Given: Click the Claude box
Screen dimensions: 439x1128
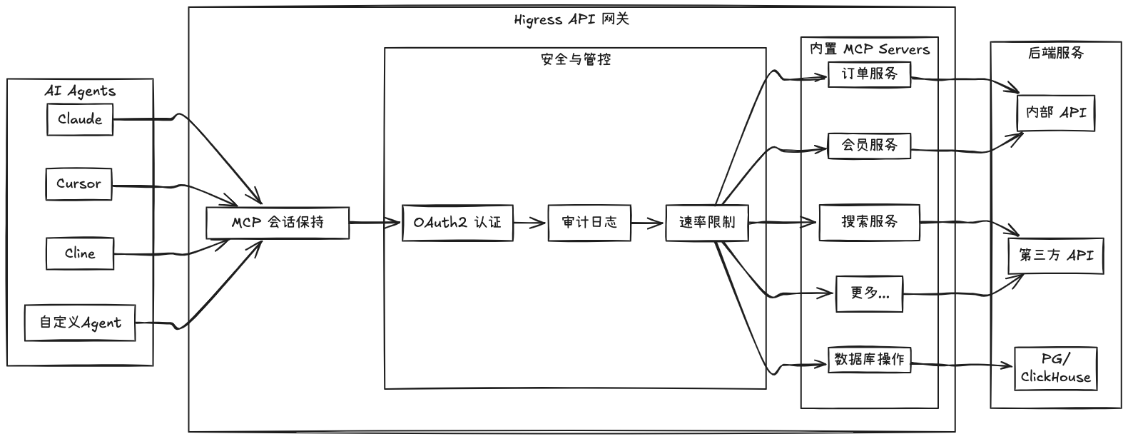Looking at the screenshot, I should tap(80, 119).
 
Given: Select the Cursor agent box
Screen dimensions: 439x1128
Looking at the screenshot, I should tap(78, 184).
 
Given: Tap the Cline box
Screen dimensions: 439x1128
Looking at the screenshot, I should tap(79, 253).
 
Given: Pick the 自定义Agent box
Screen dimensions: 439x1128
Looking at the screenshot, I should tap(80, 323).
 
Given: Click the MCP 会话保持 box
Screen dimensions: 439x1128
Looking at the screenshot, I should tap(278, 223).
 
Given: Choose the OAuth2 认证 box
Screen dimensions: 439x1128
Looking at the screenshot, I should tap(457, 223).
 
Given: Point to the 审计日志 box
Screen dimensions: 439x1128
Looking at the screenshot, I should tap(589, 223).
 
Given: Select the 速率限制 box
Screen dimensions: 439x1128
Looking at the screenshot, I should tap(706, 223).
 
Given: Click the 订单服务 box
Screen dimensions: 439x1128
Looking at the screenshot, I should tap(869, 74).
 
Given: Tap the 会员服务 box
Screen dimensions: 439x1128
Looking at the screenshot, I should tap(869, 146).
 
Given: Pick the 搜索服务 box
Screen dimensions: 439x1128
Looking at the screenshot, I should tap(869, 222).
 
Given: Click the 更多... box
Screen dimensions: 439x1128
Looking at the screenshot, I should tap(869, 293).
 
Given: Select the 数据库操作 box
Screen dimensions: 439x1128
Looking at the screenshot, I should tap(869, 360).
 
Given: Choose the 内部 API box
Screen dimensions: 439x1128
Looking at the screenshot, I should tap(1055, 113).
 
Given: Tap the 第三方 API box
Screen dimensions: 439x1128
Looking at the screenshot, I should tap(1055, 256).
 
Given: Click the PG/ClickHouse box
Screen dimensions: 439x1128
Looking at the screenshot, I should tap(1055, 368).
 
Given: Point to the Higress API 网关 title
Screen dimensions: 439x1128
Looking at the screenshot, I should tap(571, 19).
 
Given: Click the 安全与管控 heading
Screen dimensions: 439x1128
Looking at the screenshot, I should tap(576, 60).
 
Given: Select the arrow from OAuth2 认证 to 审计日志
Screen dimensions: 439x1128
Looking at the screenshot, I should tap(530, 223).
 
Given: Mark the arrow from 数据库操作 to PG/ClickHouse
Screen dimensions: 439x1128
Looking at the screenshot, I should tap(963, 365).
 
